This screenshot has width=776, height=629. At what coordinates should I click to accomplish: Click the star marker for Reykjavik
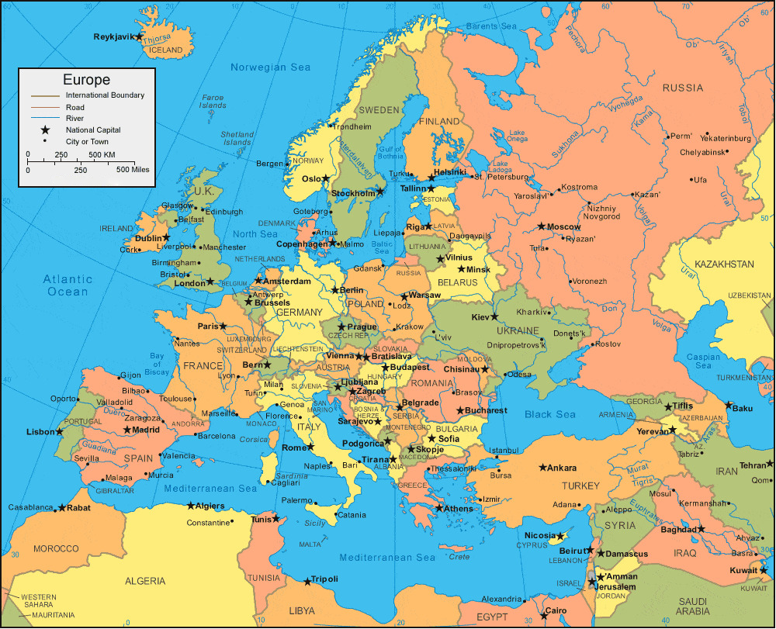click(139, 36)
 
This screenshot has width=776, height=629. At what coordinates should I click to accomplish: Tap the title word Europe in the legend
click(86, 80)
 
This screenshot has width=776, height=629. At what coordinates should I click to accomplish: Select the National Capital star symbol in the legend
click(45, 130)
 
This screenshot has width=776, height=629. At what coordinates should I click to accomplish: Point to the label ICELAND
click(165, 50)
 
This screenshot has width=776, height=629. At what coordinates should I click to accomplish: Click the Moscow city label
click(564, 226)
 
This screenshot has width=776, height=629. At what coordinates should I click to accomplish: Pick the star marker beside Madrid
click(127, 430)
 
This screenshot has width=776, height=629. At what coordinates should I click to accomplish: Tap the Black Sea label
click(549, 414)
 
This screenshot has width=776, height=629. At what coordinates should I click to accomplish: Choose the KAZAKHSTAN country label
click(724, 264)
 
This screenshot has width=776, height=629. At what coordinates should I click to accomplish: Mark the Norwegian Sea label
click(270, 67)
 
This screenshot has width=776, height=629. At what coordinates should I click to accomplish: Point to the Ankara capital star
click(542, 468)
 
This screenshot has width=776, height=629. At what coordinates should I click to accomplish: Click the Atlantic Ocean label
click(68, 285)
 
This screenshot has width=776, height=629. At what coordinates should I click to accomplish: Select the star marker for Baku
click(728, 405)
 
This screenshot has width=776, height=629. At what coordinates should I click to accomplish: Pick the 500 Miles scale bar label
click(133, 169)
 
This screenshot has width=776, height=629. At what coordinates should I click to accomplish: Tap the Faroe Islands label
click(212, 102)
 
